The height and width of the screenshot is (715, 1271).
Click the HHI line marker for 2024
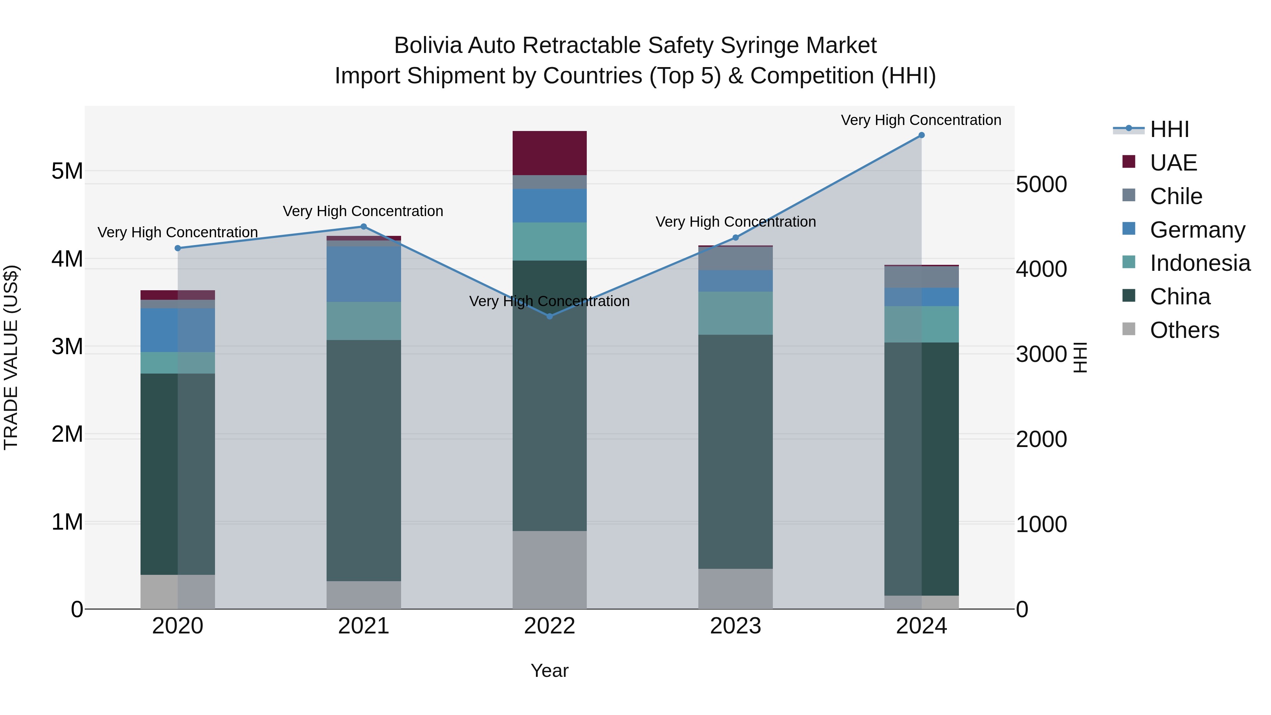[921, 135]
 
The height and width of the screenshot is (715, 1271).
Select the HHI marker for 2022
[550, 316]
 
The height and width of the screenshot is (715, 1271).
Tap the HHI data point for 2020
[178, 248]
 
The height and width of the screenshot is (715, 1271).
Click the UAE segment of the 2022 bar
[550, 153]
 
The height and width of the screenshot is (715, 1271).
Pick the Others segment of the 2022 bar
[550, 570]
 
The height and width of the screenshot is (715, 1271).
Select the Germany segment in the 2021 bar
[364, 274]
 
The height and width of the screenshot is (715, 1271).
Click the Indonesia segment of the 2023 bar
[735, 313]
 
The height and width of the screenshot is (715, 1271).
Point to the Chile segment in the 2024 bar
[921, 277]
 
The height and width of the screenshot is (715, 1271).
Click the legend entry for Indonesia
[1199, 263]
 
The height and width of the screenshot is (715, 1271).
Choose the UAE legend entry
[1173, 163]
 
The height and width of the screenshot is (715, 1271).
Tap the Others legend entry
[1184, 330]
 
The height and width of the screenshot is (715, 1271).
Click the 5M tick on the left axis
[67, 171]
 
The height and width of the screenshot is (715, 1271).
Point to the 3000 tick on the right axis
[1041, 354]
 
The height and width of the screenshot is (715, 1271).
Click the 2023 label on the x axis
[735, 626]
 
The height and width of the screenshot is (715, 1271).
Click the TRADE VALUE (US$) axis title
[11, 357]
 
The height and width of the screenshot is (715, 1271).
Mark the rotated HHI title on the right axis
[1081, 357]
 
